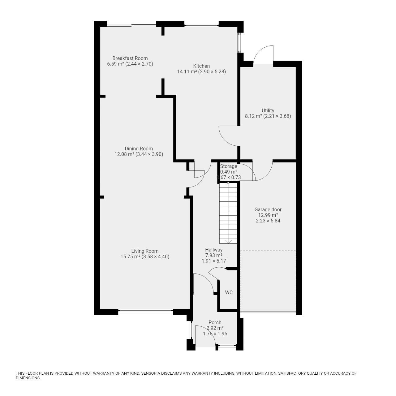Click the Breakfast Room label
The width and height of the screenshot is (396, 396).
tap(130, 58)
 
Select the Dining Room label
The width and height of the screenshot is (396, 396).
tap(139, 148)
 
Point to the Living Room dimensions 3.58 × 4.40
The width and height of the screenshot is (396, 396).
tap(155, 257)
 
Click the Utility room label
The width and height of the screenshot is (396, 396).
tap(268, 110)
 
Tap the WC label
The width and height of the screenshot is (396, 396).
tap(229, 292)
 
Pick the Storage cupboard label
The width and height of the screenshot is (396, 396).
tap(229, 166)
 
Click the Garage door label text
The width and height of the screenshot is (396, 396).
tap(268, 210)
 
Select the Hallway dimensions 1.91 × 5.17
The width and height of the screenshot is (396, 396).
tap(214, 261)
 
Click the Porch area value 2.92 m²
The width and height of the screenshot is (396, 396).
tap(215, 328)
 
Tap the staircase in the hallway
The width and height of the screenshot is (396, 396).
tap(228, 213)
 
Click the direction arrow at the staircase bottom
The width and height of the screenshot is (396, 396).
tap(228, 241)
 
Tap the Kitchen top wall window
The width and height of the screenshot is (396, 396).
tap(201, 25)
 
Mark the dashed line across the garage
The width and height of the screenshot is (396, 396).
tap(268, 251)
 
